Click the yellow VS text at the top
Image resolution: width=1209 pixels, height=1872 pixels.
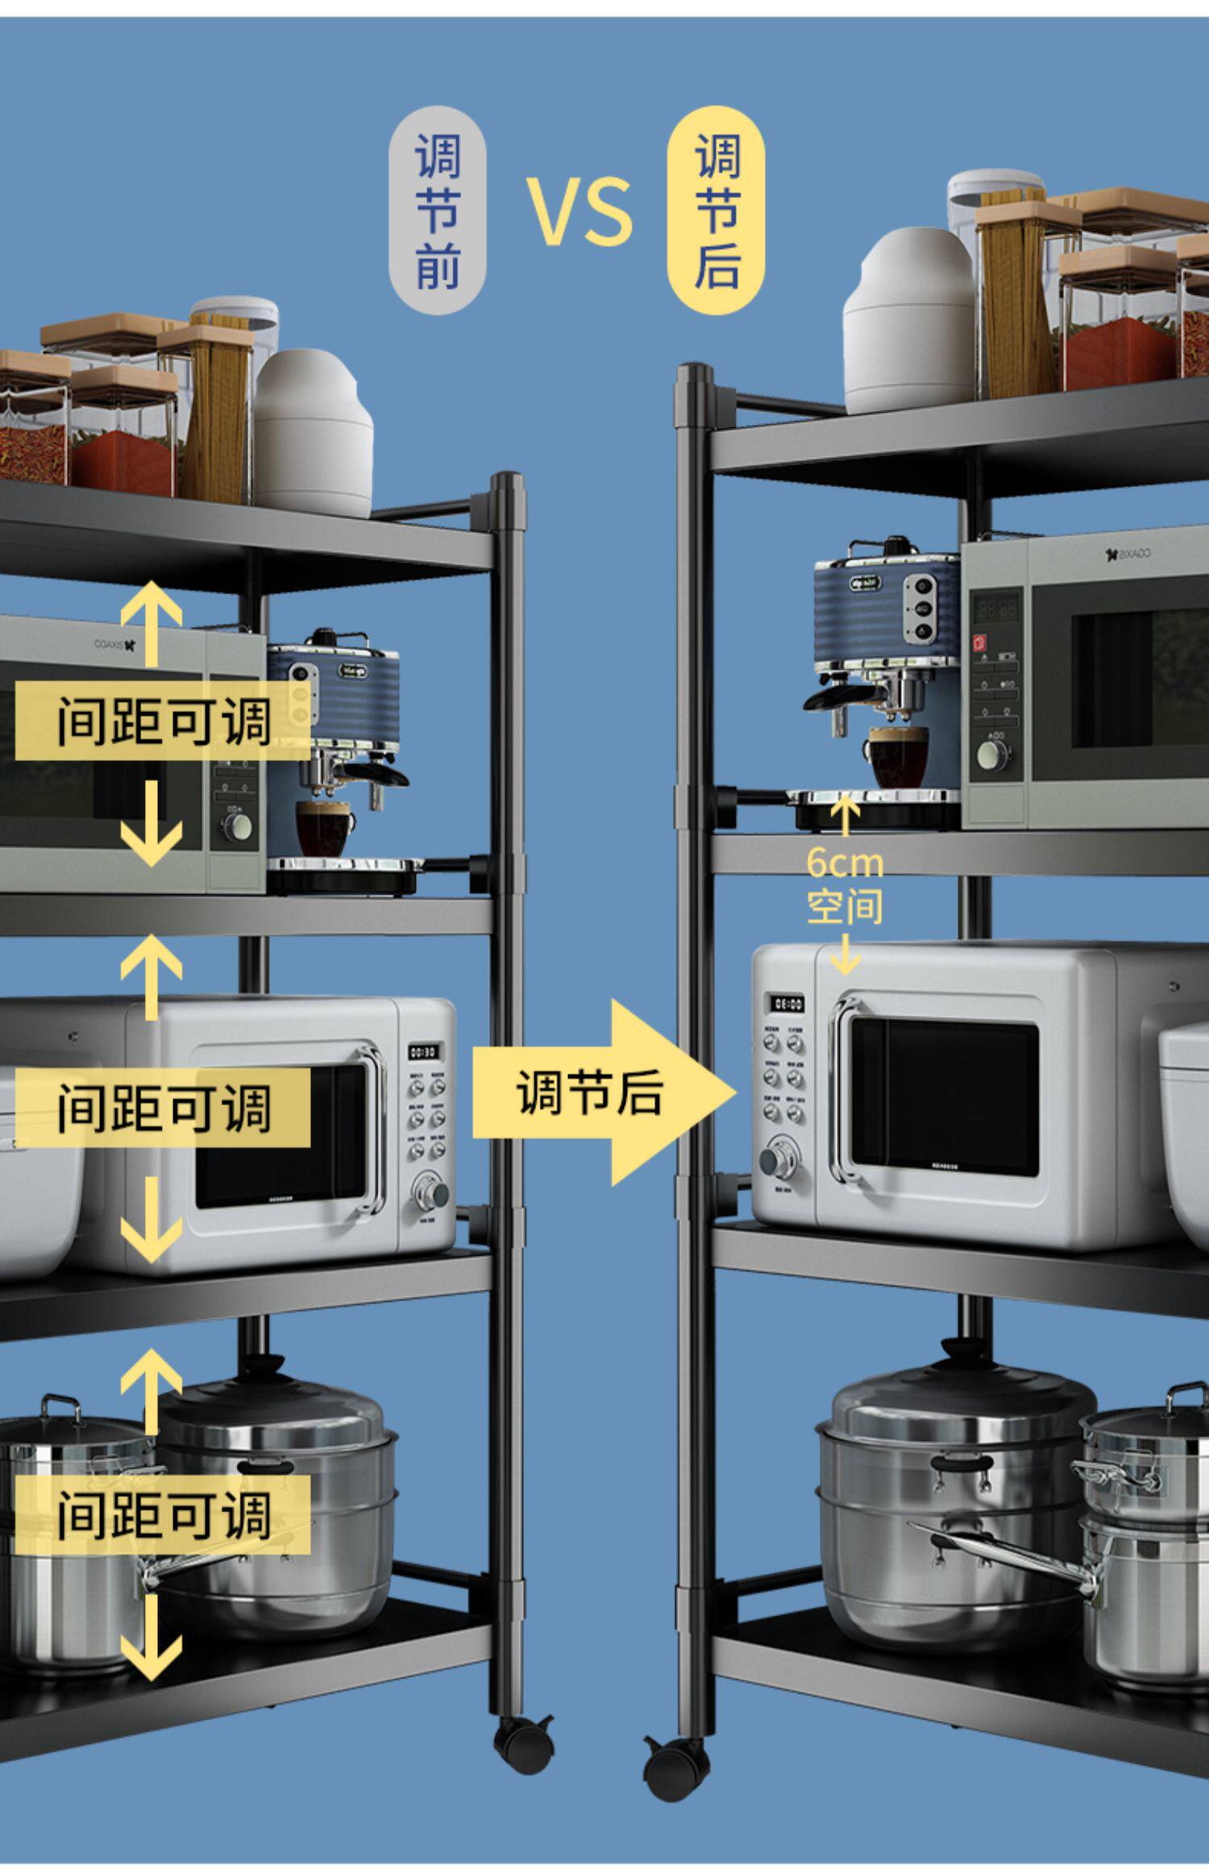(x=580, y=211)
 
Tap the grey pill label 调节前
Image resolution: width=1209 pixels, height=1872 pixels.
(x=438, y=211)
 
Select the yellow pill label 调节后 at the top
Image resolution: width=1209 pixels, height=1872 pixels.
(x=717, y=211)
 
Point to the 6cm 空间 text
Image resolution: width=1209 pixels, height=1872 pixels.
(x=845, y=884)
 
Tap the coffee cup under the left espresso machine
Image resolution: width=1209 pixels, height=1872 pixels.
(x=323, y=828)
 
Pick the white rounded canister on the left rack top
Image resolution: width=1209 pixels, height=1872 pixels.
(x=313, y=433)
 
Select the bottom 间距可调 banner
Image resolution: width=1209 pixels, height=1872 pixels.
(x=163, y=1515)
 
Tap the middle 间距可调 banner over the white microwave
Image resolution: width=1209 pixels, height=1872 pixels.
(x=163, y=1107)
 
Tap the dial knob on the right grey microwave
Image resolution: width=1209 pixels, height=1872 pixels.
(x=988, y=754)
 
